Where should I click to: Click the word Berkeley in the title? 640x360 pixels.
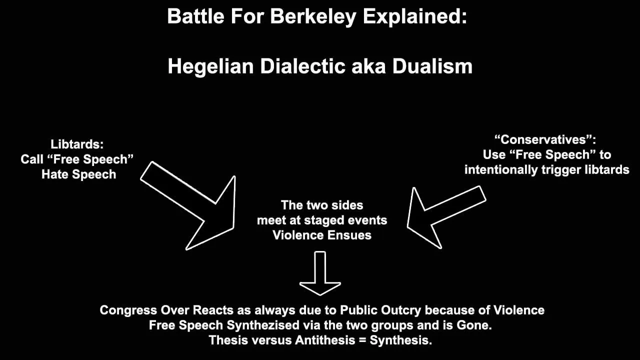(x=313, y=17)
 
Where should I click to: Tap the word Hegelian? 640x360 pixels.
(x=210, y=67)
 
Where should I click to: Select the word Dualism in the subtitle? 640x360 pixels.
(x=432, y=66)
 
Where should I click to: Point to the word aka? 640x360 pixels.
(x=368, y=66)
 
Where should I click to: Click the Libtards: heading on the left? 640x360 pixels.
(x=77, y=144)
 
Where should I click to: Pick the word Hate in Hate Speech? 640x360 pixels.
(x=55, y=174)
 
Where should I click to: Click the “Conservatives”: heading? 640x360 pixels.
(x=545, y=139)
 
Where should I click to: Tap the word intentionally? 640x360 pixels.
(x=501, y=170)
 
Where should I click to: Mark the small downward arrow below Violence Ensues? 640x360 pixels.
(x=320, y=273)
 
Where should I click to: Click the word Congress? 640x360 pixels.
(x=128, y=310)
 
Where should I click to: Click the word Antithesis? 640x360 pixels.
(x=325, y=340)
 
